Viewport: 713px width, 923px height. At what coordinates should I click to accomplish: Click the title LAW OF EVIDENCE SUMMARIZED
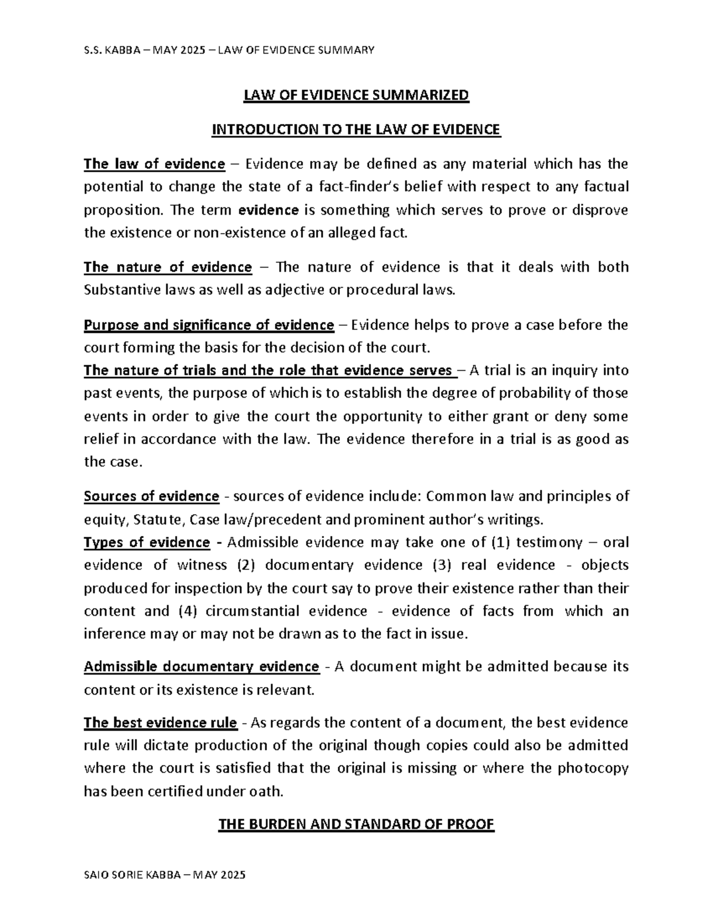coord(356,95)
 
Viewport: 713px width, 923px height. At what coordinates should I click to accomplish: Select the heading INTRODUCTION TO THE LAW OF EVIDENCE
coord(356,130)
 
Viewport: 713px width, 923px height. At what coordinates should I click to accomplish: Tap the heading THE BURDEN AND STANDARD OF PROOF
coord(356,824)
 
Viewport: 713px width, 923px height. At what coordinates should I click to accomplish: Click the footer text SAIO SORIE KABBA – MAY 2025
coord(165,875)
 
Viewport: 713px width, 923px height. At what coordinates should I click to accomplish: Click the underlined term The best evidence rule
coord(160,723)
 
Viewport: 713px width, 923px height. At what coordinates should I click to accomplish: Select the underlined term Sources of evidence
coord(152,496)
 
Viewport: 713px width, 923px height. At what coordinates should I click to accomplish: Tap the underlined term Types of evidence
coord(147,543)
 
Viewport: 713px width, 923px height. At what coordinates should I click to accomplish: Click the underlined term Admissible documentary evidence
coord(201,667)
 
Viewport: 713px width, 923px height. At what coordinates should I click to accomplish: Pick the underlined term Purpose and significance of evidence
coord(209,325)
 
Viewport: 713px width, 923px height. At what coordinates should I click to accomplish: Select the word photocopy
coord(592,768)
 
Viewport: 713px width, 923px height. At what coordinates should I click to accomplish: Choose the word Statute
coord(159,520)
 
